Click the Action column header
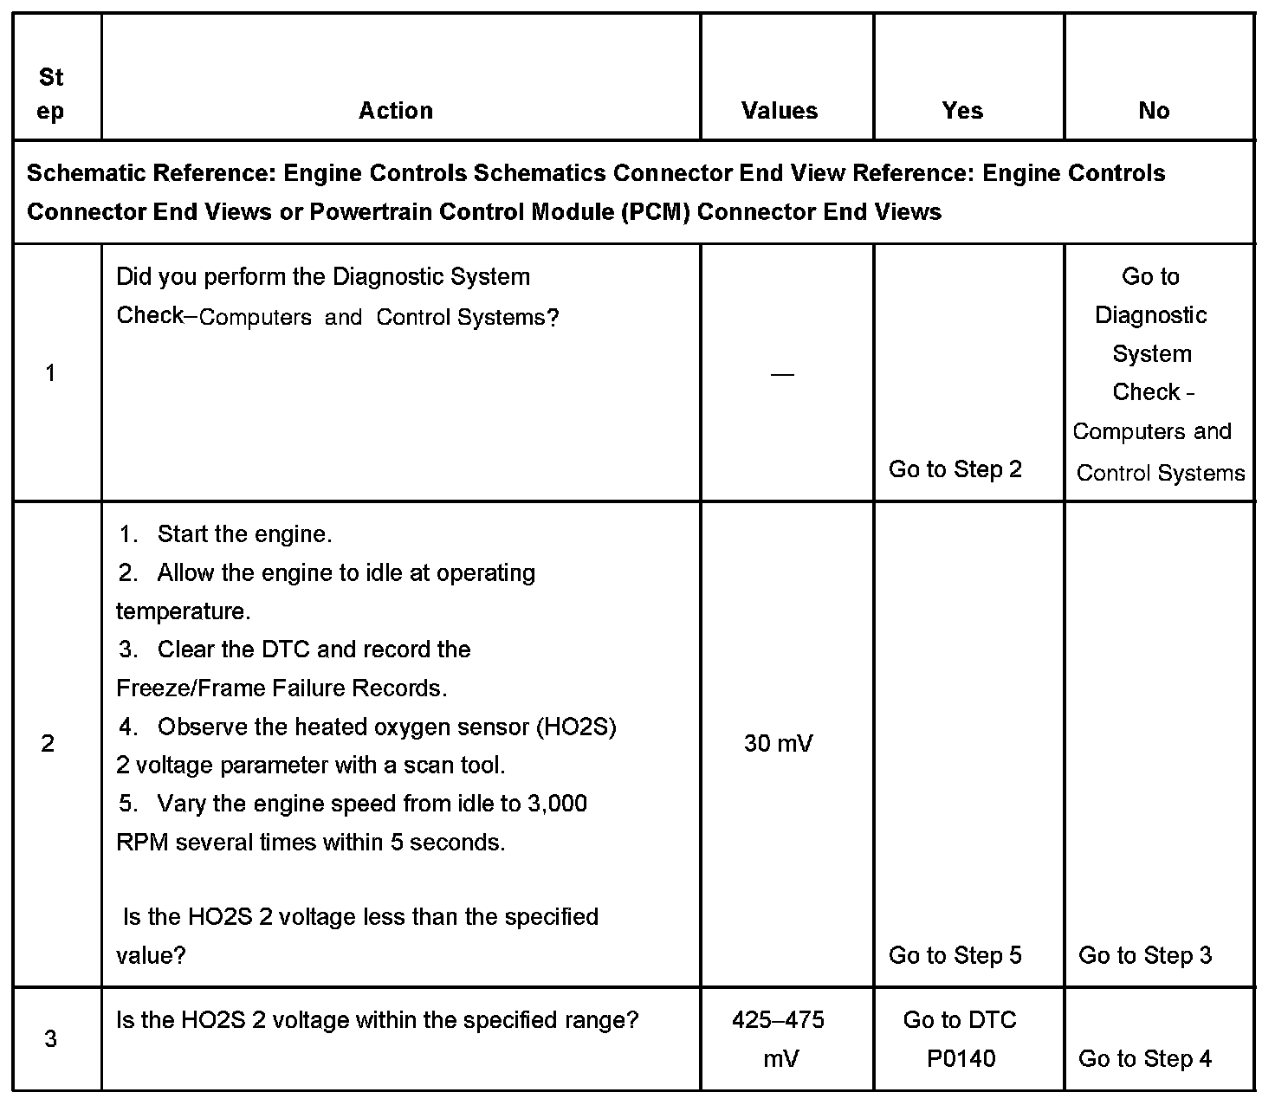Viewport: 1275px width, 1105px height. [396, 111]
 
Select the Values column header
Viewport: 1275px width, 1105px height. [780, 111]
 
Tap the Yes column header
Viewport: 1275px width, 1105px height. [962, 111]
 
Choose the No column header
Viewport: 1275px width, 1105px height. [1154, 111]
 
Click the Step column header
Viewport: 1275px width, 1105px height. [51, 94]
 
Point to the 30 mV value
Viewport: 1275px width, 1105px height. [778, 744]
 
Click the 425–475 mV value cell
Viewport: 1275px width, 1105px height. [779, 1038]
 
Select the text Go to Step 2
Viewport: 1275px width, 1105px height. [955, 469]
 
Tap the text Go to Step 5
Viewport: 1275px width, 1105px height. [955, 955]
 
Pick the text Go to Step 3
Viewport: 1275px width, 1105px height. [1145, 955]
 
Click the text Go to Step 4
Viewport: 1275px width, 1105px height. [1145, 1058]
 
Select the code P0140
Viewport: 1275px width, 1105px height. [961, 1058]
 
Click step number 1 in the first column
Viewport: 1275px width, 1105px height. [50, 373]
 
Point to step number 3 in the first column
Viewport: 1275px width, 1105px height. [50, 1038]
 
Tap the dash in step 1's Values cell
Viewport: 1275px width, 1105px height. [781, 374]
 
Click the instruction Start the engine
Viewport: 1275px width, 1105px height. [244, 534]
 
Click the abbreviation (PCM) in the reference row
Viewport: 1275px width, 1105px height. [656, 212]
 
